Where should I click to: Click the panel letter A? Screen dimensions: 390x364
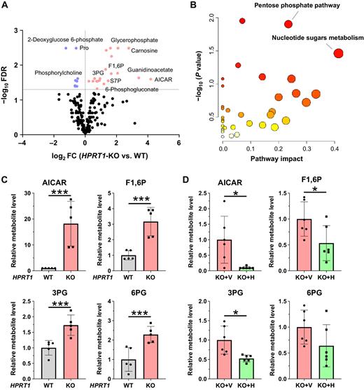6,7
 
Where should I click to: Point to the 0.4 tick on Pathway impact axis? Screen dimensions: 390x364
337,148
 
